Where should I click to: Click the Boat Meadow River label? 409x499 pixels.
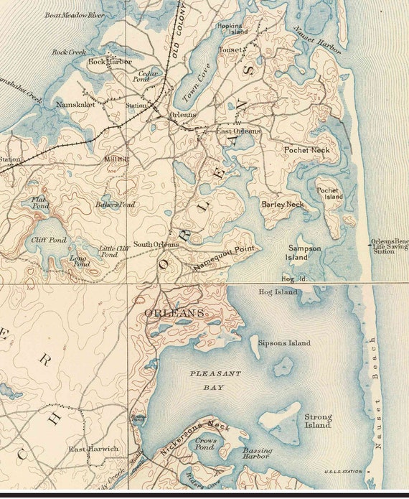click(75, 15)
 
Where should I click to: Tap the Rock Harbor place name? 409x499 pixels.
click(111, 62)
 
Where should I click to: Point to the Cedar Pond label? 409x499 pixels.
click(148, 76)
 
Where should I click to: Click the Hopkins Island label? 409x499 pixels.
click(230, 29)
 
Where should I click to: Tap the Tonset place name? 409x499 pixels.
click(230, 50)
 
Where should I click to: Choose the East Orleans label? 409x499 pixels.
click(238, 131)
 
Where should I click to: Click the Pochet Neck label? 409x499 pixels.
click(306, 150)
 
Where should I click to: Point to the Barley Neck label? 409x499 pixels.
click(282, 205)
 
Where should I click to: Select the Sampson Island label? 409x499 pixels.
click(304, 252)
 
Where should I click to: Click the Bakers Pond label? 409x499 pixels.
click(115, 205)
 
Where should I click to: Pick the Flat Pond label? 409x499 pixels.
click(39, 203)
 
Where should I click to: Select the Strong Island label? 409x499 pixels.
click(318, 421)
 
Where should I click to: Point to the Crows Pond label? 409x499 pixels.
click(206, 442)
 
